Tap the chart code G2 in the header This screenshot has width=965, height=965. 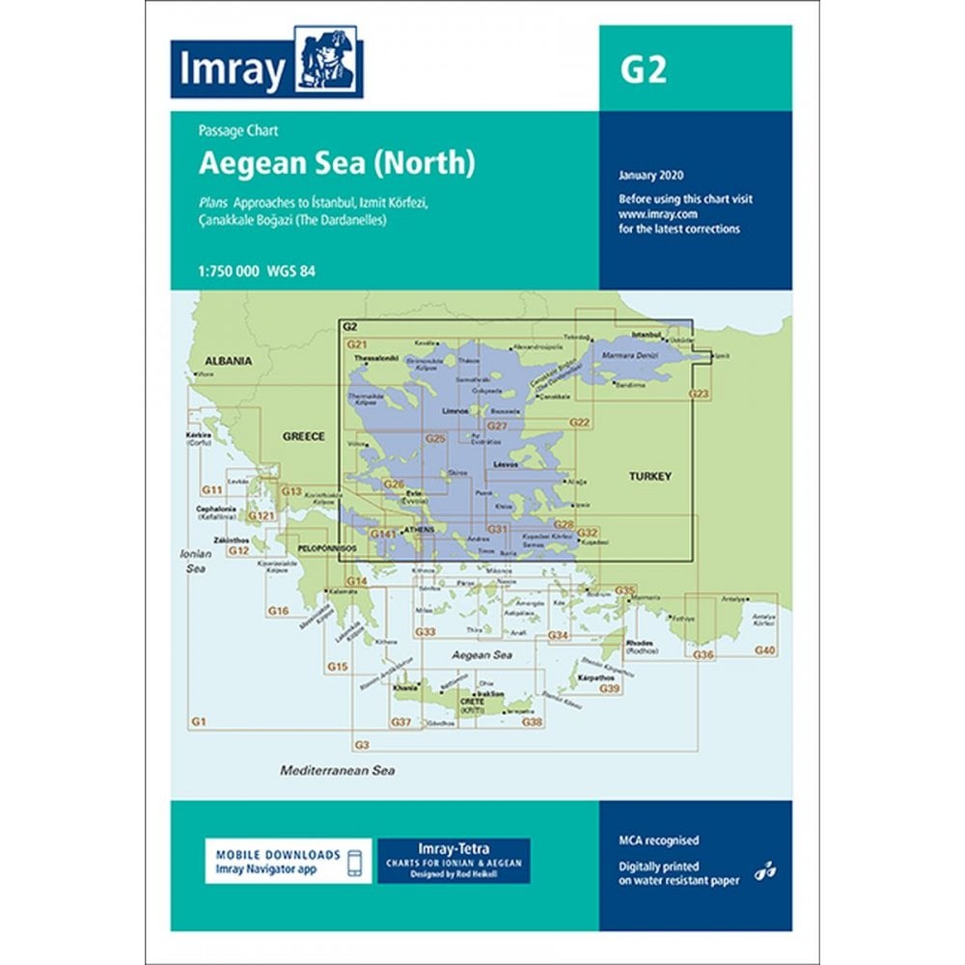(x=645, y=70)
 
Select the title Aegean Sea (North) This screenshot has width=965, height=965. (x=337, y=163)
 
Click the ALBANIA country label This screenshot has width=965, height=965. (x=227, y=361)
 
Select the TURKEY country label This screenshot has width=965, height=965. (x=649, y=477)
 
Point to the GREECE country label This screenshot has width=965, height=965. (x=302, y=436)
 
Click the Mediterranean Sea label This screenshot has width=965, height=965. (x=338, y=771)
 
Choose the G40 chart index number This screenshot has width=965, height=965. (x=764, y=652)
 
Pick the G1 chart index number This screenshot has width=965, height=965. (x=200, y=722)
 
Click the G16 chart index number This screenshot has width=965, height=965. (x=279, y=611)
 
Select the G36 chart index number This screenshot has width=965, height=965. (x=703, y=655)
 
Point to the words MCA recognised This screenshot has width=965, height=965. (x=659, y=841)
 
